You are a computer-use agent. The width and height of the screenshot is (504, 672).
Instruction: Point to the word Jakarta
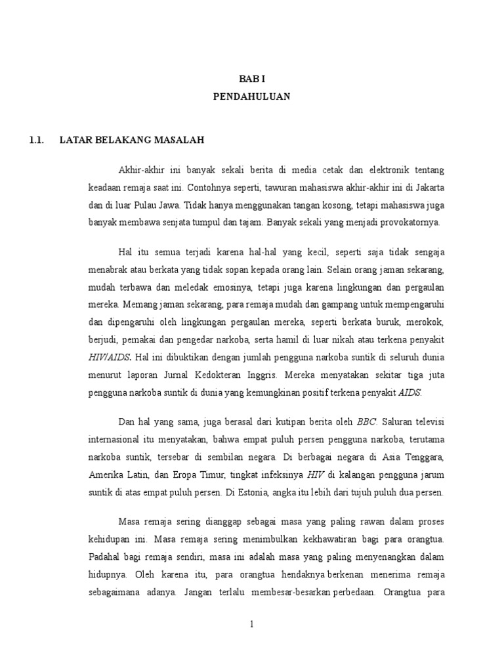427,187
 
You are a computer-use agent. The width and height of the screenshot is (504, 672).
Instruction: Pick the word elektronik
389,170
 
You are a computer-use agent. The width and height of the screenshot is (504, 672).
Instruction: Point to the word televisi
427,421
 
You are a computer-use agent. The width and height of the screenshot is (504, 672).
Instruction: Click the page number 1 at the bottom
251,623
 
